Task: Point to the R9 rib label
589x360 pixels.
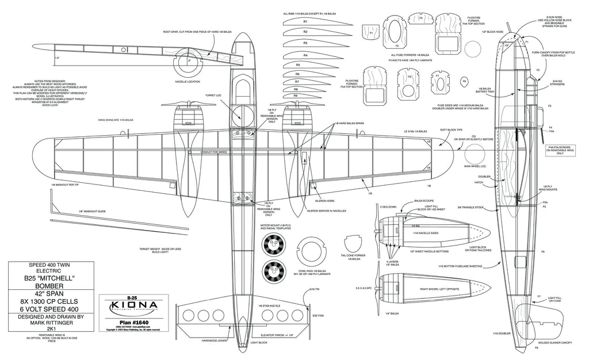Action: coord(295,95)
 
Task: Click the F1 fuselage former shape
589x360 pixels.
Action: coord(372,33)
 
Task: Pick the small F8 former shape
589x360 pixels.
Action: coord(464,81)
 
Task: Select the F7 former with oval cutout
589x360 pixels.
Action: coord(440,83)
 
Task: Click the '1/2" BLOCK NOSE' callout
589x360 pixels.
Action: coord(493,32)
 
